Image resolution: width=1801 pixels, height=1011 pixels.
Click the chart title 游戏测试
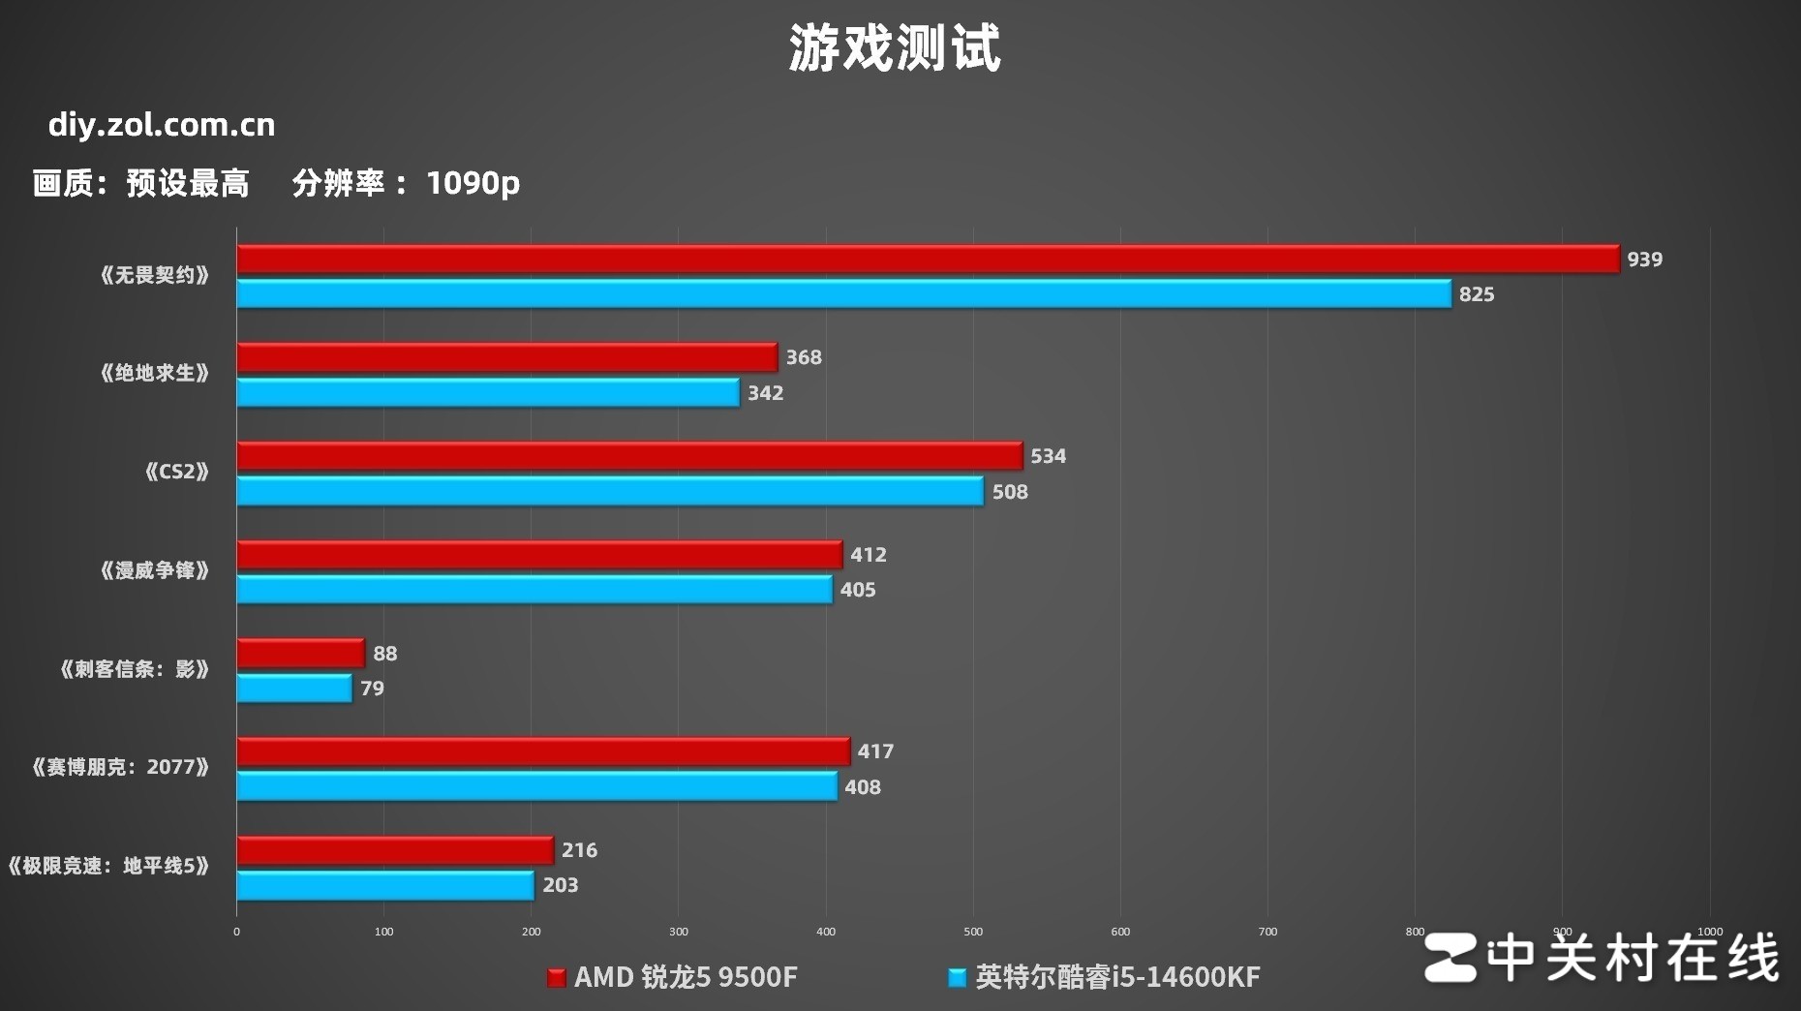coord(894,48)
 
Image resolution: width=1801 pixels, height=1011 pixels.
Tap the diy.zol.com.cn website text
coord(162,125)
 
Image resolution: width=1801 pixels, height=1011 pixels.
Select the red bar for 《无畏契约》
coord(928,259)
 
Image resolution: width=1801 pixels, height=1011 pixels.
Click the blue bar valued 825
coord(843,294)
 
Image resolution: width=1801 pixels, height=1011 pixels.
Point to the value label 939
coord(1644,260)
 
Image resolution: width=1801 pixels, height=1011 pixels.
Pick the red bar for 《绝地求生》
coord(506,357)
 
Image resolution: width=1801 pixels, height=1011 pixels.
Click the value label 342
coord(765,393)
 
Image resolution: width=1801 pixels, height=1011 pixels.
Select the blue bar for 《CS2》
coord(610,491)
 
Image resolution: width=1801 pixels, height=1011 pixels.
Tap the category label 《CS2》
coord(176,472)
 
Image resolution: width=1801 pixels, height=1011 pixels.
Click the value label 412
coord(868,555)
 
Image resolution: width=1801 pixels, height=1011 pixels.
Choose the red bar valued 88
coord(300,654)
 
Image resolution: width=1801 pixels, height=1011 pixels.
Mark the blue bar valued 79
coord(294,689)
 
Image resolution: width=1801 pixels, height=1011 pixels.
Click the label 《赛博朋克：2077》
coord(120,768)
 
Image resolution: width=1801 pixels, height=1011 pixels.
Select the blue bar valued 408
coord(536,786)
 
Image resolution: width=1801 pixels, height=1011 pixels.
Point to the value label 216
coord(579,850)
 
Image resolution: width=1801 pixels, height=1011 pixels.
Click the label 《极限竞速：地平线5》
coord(107,866)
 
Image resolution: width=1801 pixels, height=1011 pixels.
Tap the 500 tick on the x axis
coord(973,932)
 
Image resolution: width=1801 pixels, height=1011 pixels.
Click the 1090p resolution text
coord(473,182)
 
